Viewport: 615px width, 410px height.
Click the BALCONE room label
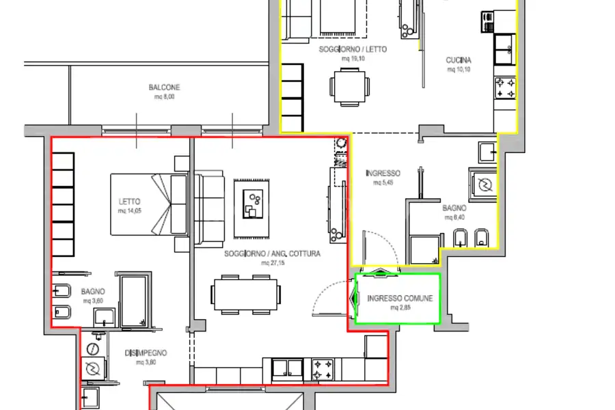coord(165,87)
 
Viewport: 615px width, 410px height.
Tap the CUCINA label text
coord(459,60)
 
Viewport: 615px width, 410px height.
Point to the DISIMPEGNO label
coord(146,353)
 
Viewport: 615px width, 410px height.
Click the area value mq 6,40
coord(454,217)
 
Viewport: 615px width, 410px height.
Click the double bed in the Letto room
coord(150,203)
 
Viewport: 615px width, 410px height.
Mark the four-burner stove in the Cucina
coord(506,87)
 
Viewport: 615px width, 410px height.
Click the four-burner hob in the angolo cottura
coord(323,370)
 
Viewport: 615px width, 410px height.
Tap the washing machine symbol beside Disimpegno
coord(92,368)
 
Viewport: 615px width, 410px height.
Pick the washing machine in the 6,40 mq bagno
coord(484,184)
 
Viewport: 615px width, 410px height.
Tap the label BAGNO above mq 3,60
coord(92,292)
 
